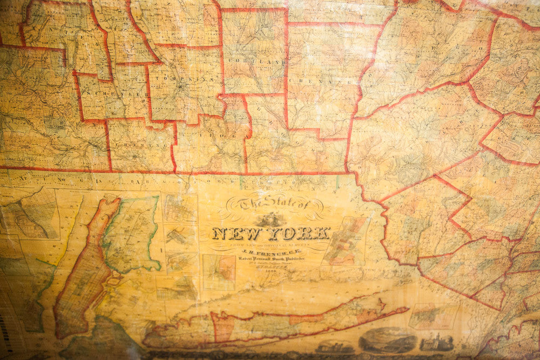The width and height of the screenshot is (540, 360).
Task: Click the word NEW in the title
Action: coord(233,234)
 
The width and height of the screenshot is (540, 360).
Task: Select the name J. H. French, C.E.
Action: coord(269,251)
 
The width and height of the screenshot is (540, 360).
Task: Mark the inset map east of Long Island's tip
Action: coord(433,316)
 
